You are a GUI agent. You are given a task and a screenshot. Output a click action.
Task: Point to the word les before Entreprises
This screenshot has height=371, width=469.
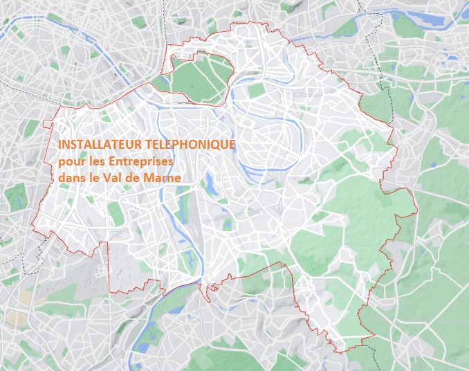95,161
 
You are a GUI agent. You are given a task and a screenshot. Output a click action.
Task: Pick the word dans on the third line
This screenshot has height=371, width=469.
72,177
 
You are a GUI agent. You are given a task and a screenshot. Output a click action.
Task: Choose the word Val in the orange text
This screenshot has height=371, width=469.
113,177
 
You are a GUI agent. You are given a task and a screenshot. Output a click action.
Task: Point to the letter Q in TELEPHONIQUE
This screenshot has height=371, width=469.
217,145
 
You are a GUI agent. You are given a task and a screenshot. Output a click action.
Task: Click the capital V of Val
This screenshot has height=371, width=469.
108,177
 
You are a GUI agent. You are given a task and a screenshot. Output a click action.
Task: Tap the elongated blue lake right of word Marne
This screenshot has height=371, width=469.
208,182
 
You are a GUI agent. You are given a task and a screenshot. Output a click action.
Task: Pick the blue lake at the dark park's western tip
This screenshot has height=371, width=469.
171,61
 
